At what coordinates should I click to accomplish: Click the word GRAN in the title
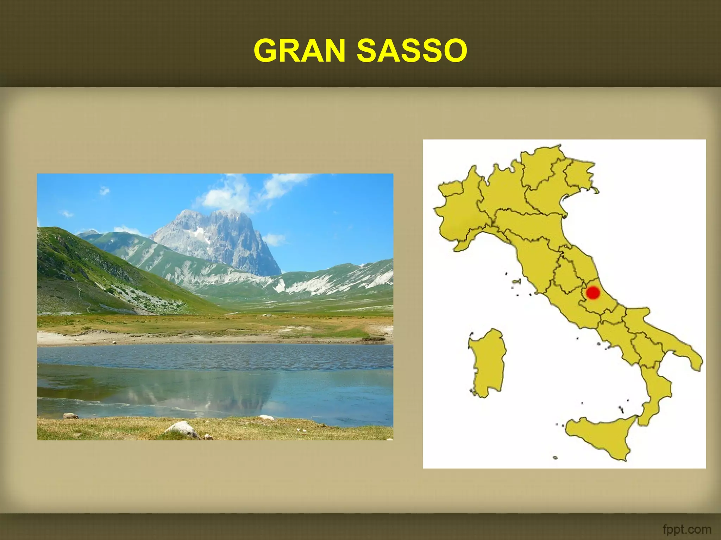click(299, 51)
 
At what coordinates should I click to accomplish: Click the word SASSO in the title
click(412, 51)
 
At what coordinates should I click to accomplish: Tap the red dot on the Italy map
click(593, 292)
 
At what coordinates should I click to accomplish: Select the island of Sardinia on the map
click(488, 362)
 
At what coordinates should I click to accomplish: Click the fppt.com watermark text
click(686, 529)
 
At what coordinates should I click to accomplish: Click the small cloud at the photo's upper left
click(104, 191)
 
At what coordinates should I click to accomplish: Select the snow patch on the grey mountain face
click(200, 232)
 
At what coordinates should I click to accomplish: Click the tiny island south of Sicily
click(555, 458)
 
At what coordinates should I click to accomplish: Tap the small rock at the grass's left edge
click(70, 416)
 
